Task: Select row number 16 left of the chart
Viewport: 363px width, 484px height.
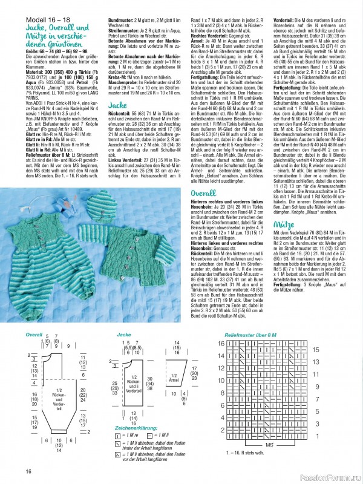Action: coord(221,342)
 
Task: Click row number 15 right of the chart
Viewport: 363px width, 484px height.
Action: coord(315,350)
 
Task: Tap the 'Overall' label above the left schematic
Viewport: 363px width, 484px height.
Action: coord(34,334)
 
